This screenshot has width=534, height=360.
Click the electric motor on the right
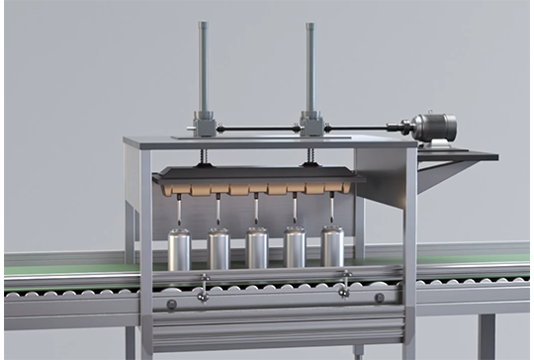tap(434, 127)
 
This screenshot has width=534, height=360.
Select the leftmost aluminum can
tap(179, 249)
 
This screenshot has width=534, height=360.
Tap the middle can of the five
tap(257, 249)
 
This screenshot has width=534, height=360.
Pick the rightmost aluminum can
tap(332, 248)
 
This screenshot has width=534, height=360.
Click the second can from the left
tap(219, 249)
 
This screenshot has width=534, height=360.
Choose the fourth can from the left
tap(295, 249)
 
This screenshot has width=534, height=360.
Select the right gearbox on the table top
tap(311, 127)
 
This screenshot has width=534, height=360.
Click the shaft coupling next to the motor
tap(400, 127)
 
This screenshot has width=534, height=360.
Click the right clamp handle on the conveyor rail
tap(344, 288)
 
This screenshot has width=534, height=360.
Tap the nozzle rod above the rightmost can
tap(332, 210)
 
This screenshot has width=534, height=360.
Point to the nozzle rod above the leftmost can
tap(179, 211)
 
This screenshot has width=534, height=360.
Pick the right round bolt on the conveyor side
tap(380, 298)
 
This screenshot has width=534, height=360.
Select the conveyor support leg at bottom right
tap(487, 337)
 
